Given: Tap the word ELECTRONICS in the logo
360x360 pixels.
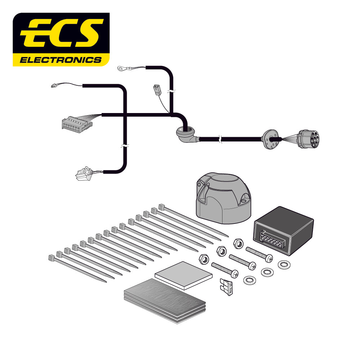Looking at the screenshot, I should pos(60,60).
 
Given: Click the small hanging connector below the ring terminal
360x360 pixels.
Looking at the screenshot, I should pos(157,89).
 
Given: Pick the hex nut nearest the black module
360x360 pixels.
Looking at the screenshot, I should pos(238,243).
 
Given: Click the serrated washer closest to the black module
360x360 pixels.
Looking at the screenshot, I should pos(284,265).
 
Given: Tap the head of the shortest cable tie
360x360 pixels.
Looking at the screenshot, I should pos(51,258).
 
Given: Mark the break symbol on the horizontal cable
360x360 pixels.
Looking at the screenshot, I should pos(221,139).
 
